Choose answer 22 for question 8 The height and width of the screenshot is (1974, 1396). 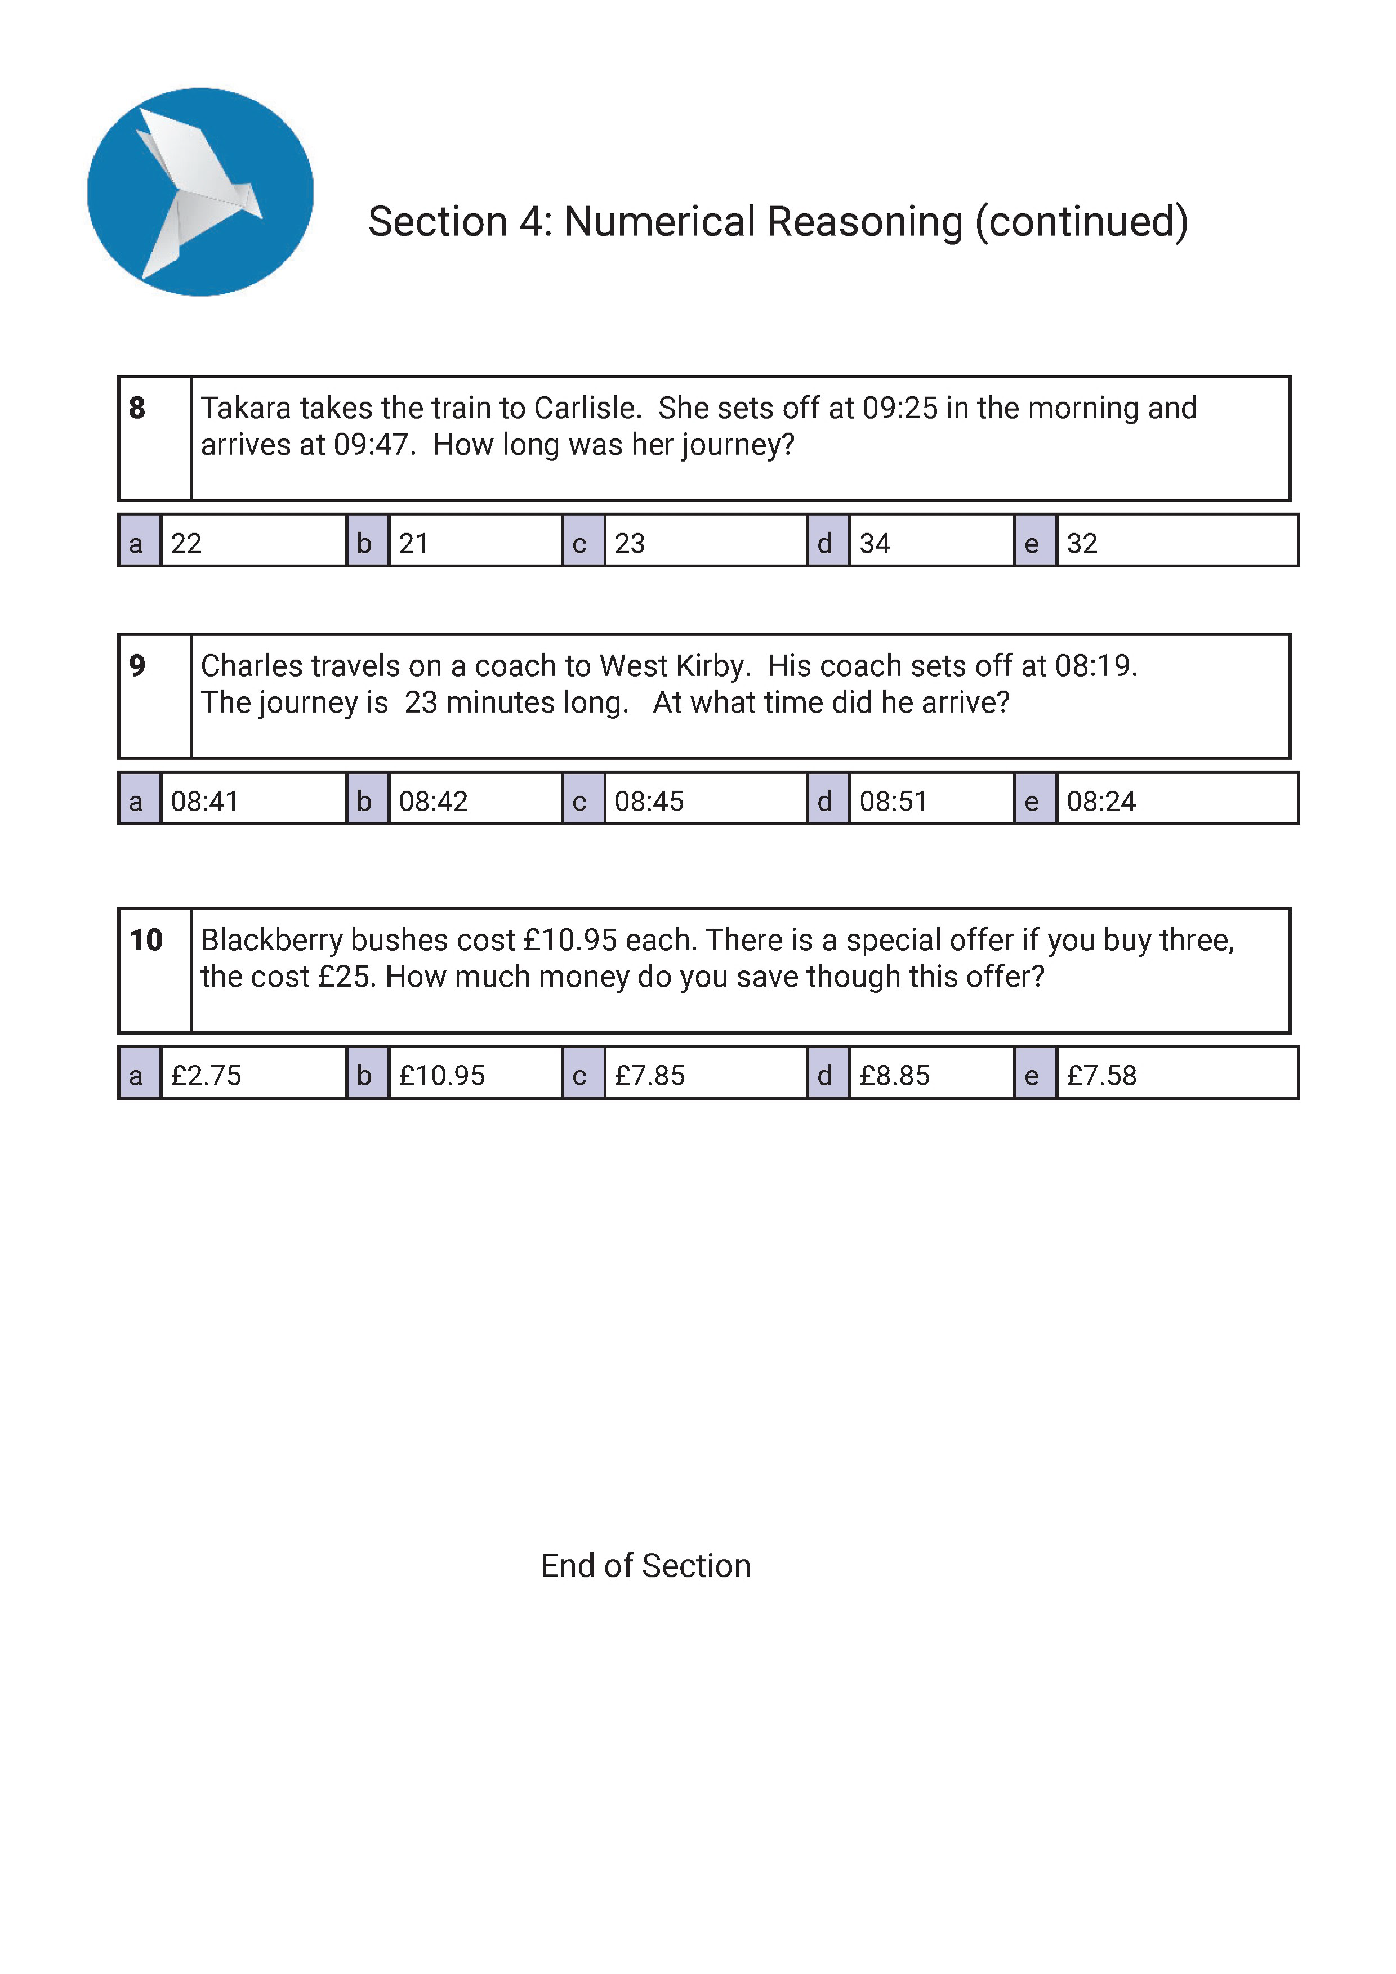186,543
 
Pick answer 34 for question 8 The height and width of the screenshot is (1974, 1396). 875,543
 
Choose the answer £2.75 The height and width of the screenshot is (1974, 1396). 207,1076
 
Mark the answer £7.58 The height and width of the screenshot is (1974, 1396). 1102,1076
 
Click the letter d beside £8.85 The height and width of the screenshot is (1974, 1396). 825,1076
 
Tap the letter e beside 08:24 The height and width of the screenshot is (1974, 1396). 1032,802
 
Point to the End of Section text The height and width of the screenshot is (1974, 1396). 646,1565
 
